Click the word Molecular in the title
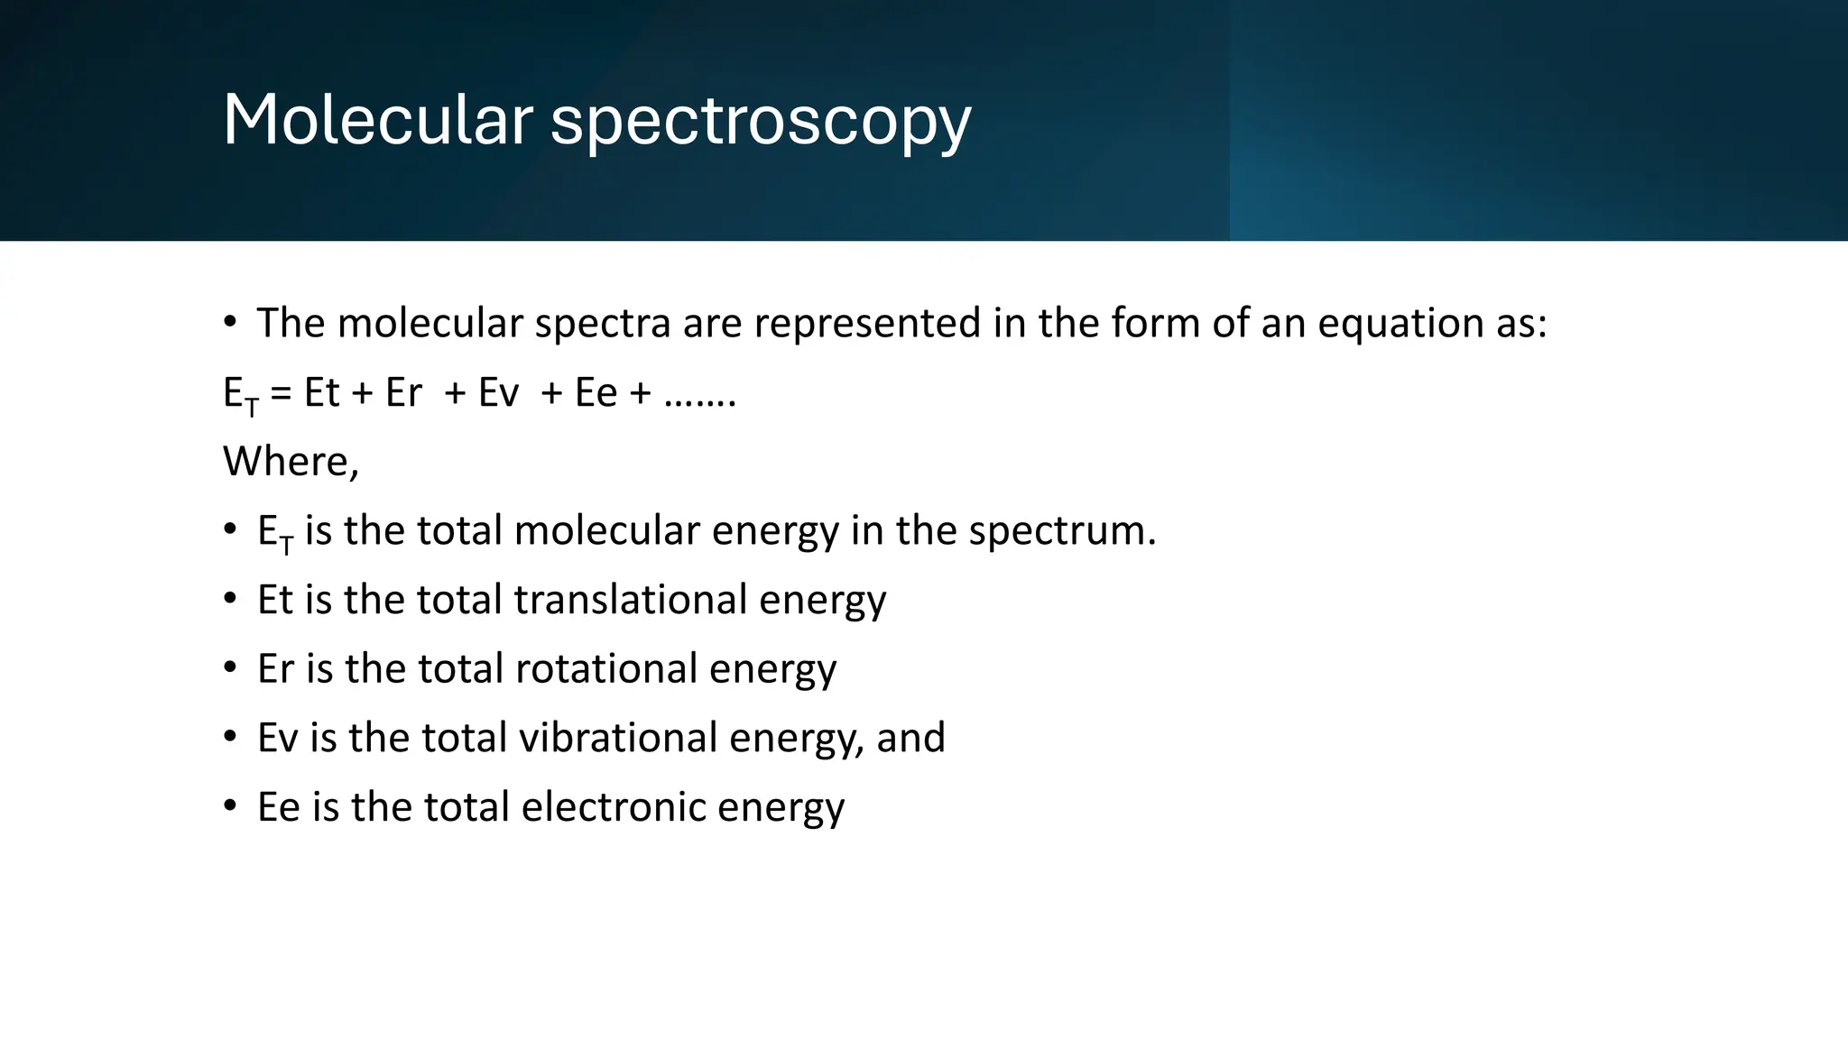(x=378, y=120)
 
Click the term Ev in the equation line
(x=498, y=393)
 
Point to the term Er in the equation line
(x=403, y=393)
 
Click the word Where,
(x=291, y=462)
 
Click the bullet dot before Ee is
(x=231, y=805)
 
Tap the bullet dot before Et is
(x=231, y=597)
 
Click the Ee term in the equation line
(x=596, y=393)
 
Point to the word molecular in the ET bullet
(x=606, y=531)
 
